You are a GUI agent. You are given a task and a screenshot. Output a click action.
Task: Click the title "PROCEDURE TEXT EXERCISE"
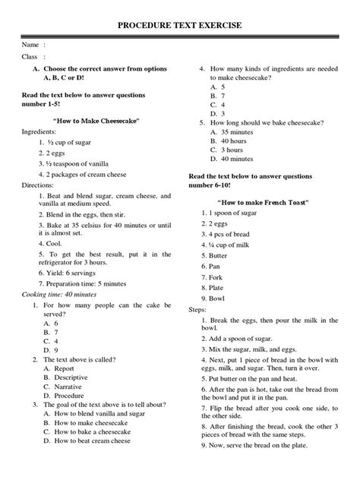[x=180, y=26]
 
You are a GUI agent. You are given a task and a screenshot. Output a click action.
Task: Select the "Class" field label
[x=30, y=57]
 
